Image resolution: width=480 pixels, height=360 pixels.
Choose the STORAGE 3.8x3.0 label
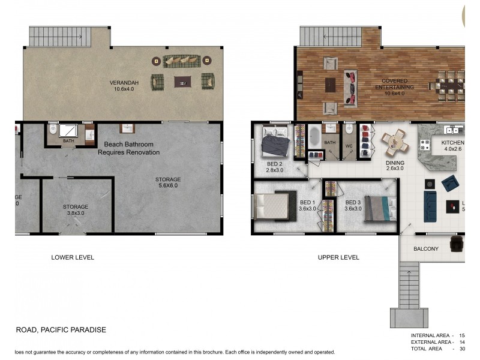(x=76, y=210)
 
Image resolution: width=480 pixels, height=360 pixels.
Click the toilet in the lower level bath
(x=53, y=130)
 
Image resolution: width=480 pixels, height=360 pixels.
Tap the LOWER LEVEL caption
(x=73, y=257)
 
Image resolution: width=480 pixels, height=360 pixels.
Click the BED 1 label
(x=306, y=206)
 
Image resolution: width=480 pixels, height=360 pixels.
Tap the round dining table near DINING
(x=395, y=142)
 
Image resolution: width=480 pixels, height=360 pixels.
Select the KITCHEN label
(x=453, y=146)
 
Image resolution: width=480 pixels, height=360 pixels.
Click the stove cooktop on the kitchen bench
(x=424, y=145)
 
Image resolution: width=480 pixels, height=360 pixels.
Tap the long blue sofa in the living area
(x=430, y=206)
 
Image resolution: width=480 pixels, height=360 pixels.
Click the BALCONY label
(x=426, y=248)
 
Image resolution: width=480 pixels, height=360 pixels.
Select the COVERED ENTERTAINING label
(x=395, y=85)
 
